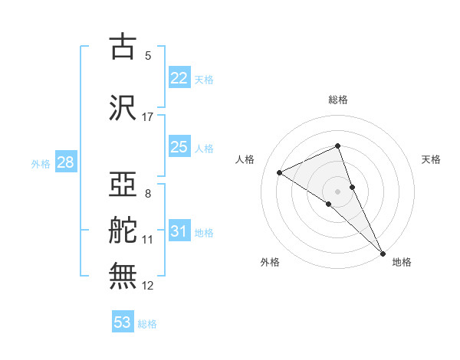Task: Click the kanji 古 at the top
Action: pyautogui.click(x=123, y=47)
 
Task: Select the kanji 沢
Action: pyautogui.click(x=123, y=108)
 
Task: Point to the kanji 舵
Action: pyautogui.click(x=123, y=231)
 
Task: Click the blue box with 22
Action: pyautogui.click(x=179, y=79)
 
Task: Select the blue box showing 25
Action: pyautogui.click(x=179, y=147)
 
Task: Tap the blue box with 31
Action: pyautogui.click(x=179, y=231)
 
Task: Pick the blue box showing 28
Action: pyautogui.click(x=65, y=162)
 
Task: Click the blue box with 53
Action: pyautogui.click(x=123, y=322)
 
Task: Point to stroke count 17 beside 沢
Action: pyautogui.click(x=148, y=117)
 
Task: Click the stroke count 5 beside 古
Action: pyautogui.click(x=148, y=56)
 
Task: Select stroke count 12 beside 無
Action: pyautogui.click(x=148, y=286)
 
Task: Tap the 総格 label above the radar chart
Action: pyautogui.click(x=338, y=100)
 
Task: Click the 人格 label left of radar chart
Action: pyautogui.click(x=245, y=159)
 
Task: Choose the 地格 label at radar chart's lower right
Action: pyautogui.click(x=402, y=262)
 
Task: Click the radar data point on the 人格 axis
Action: pyautogui.click(x=280, y=172)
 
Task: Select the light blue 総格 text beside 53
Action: pyautogui.click(x=147, y=324)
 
